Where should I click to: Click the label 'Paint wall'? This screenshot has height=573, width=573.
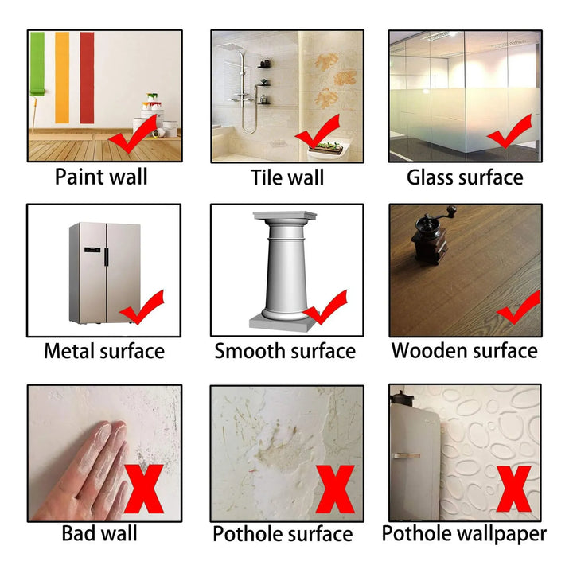click(x=101, y=177)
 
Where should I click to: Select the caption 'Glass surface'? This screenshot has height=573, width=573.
click(x=465, y=177)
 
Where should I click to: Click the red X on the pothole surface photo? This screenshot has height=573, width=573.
click(x=335, y=489)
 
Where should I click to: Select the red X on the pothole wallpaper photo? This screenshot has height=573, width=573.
click(x=513, y=489)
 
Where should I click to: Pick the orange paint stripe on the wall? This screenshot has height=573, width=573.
click(x=62, y=77)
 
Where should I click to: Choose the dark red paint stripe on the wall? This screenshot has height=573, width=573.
click(x=87, y=77)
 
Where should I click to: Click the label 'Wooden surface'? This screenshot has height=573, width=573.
click(x=464, y=350)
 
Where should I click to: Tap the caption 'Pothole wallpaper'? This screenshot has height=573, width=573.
click(x=464, y=532)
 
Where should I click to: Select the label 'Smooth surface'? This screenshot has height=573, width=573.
click(x=285, y=351)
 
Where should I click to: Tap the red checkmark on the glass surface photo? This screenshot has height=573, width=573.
click(x=509, y=132)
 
